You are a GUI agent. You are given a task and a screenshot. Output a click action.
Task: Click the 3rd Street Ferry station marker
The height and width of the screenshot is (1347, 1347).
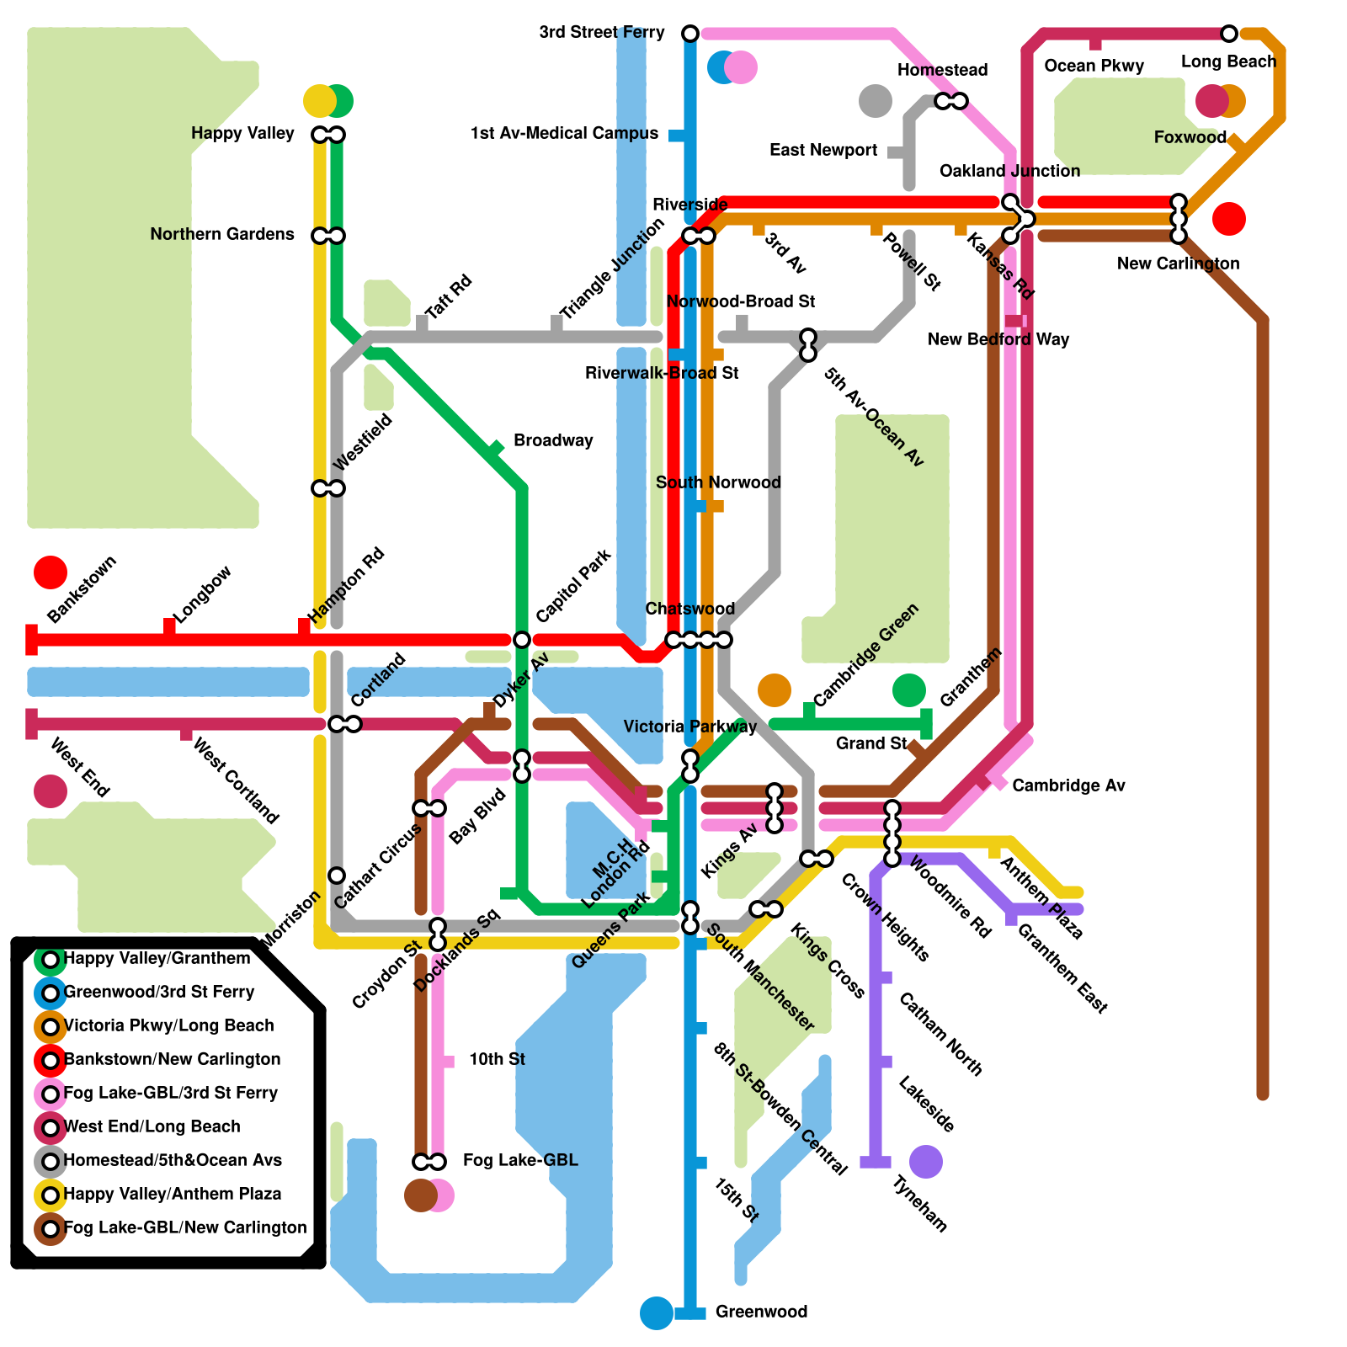point(690,34)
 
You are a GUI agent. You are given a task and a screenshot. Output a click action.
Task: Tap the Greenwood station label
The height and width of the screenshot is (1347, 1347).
point(761,1312)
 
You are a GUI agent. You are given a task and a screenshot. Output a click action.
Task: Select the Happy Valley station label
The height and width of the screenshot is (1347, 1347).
point(242,133)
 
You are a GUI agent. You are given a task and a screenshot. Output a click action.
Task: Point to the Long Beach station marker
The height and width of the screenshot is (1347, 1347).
point(1229,34)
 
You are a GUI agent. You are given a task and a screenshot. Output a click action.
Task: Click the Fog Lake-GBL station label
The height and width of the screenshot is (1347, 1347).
point(520,1160)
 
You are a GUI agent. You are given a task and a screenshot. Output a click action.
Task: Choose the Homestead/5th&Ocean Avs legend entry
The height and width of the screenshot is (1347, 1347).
point(173,1160)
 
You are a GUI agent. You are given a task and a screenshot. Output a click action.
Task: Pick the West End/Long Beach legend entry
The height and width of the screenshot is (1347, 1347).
point(152,1126)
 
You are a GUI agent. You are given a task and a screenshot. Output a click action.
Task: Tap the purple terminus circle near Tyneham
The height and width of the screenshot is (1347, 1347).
point(926,1162)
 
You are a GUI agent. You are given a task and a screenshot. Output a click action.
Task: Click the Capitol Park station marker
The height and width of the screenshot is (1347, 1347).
point(522,640)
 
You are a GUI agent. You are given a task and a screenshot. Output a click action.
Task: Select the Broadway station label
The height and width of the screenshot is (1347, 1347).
point(553,440)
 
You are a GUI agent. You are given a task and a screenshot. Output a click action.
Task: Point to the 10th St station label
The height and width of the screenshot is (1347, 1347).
point(497,1059)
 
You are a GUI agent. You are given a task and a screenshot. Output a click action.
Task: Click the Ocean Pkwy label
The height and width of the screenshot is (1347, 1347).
point(1094,66)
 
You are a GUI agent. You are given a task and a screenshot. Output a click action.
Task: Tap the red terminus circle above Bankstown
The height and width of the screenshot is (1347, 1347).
point(51,572)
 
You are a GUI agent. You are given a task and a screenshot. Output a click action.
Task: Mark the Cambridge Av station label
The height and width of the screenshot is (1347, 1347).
point(1068,785)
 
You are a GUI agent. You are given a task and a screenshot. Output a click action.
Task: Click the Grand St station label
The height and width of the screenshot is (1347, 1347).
point(871,743)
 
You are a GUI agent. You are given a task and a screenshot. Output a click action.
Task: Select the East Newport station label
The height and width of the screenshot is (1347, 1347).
point(823,150)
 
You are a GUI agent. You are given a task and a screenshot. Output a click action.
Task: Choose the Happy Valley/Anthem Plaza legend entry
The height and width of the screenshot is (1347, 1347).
point(173,1194)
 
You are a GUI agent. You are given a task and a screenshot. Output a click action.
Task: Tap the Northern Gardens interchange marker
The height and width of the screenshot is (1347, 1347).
point(328,236)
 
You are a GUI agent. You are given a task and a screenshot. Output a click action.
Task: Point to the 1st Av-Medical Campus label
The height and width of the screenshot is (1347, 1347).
point(564,133)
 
